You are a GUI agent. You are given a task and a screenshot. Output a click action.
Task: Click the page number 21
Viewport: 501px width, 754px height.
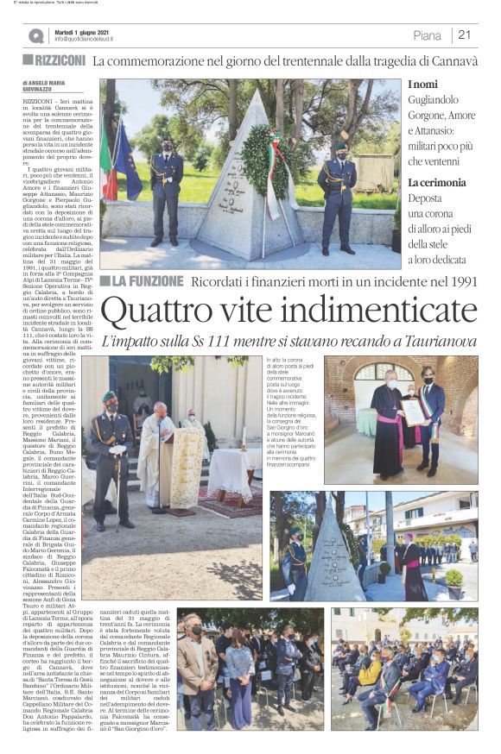pos(465,35)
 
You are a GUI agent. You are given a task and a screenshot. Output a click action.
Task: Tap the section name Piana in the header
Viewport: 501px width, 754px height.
pos(427,35)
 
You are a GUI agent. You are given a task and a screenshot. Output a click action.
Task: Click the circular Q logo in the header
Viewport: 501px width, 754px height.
pos(36,35)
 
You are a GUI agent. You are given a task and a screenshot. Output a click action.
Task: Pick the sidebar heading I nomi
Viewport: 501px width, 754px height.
pos(425,85)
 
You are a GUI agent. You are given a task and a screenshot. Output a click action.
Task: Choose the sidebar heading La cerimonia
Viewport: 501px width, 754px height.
pos(436,183)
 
